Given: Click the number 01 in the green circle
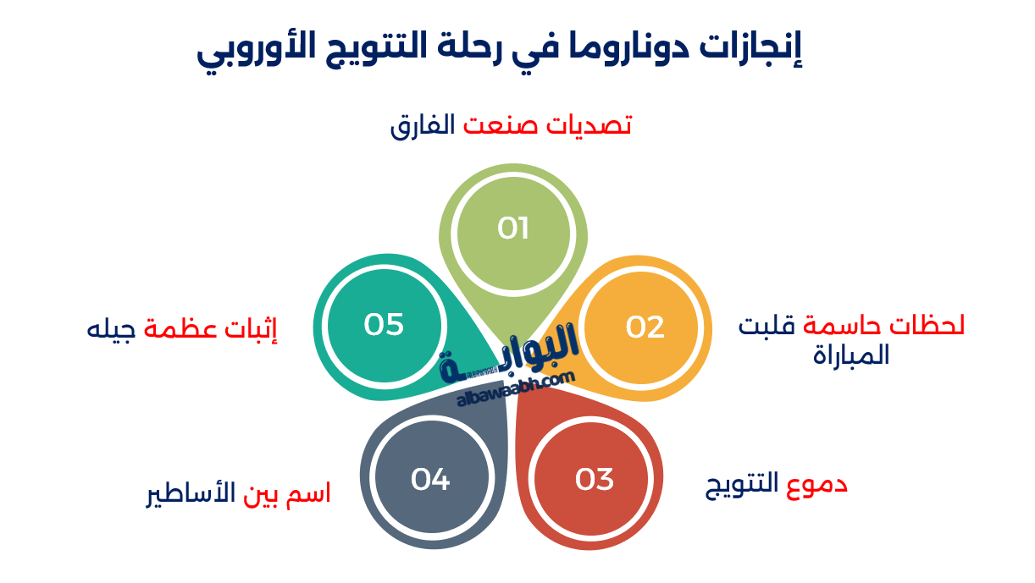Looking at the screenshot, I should coord(513,228).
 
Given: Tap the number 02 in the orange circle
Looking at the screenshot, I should coord(645,327).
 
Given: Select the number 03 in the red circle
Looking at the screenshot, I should coord(594,480).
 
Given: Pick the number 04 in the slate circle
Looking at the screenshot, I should coord(430,480).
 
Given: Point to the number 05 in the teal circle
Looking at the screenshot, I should coord(384,325).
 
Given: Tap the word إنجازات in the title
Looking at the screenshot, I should coord(755,48).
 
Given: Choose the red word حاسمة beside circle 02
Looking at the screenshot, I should coord(834,326).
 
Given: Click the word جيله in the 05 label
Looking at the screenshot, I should coord(111,327).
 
